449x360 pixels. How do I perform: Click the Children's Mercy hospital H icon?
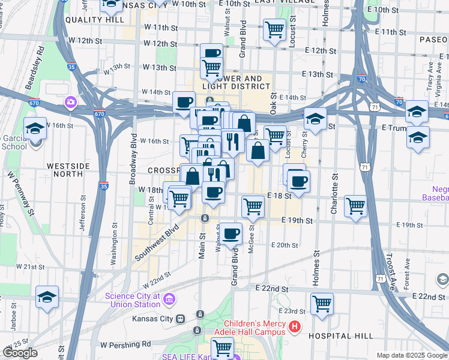coord(295,328)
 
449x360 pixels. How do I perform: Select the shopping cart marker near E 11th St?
coord(274,28)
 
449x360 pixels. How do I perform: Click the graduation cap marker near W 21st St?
coord(47,297)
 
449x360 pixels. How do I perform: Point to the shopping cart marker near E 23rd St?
coord(322,302)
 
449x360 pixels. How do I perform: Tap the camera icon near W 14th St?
coord(71,102)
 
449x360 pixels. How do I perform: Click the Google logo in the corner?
coord(20,353)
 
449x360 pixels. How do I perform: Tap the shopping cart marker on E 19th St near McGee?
coord(253,206)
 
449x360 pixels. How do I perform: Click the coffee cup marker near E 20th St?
coord(230,233)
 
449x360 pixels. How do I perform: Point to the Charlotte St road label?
coord(334,195)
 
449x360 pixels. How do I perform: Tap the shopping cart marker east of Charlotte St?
coord(355,206)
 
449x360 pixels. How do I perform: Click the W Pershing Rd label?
coord(125,345)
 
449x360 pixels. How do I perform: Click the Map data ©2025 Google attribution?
coord(411,355)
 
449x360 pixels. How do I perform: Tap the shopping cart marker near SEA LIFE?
coord(222,347)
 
